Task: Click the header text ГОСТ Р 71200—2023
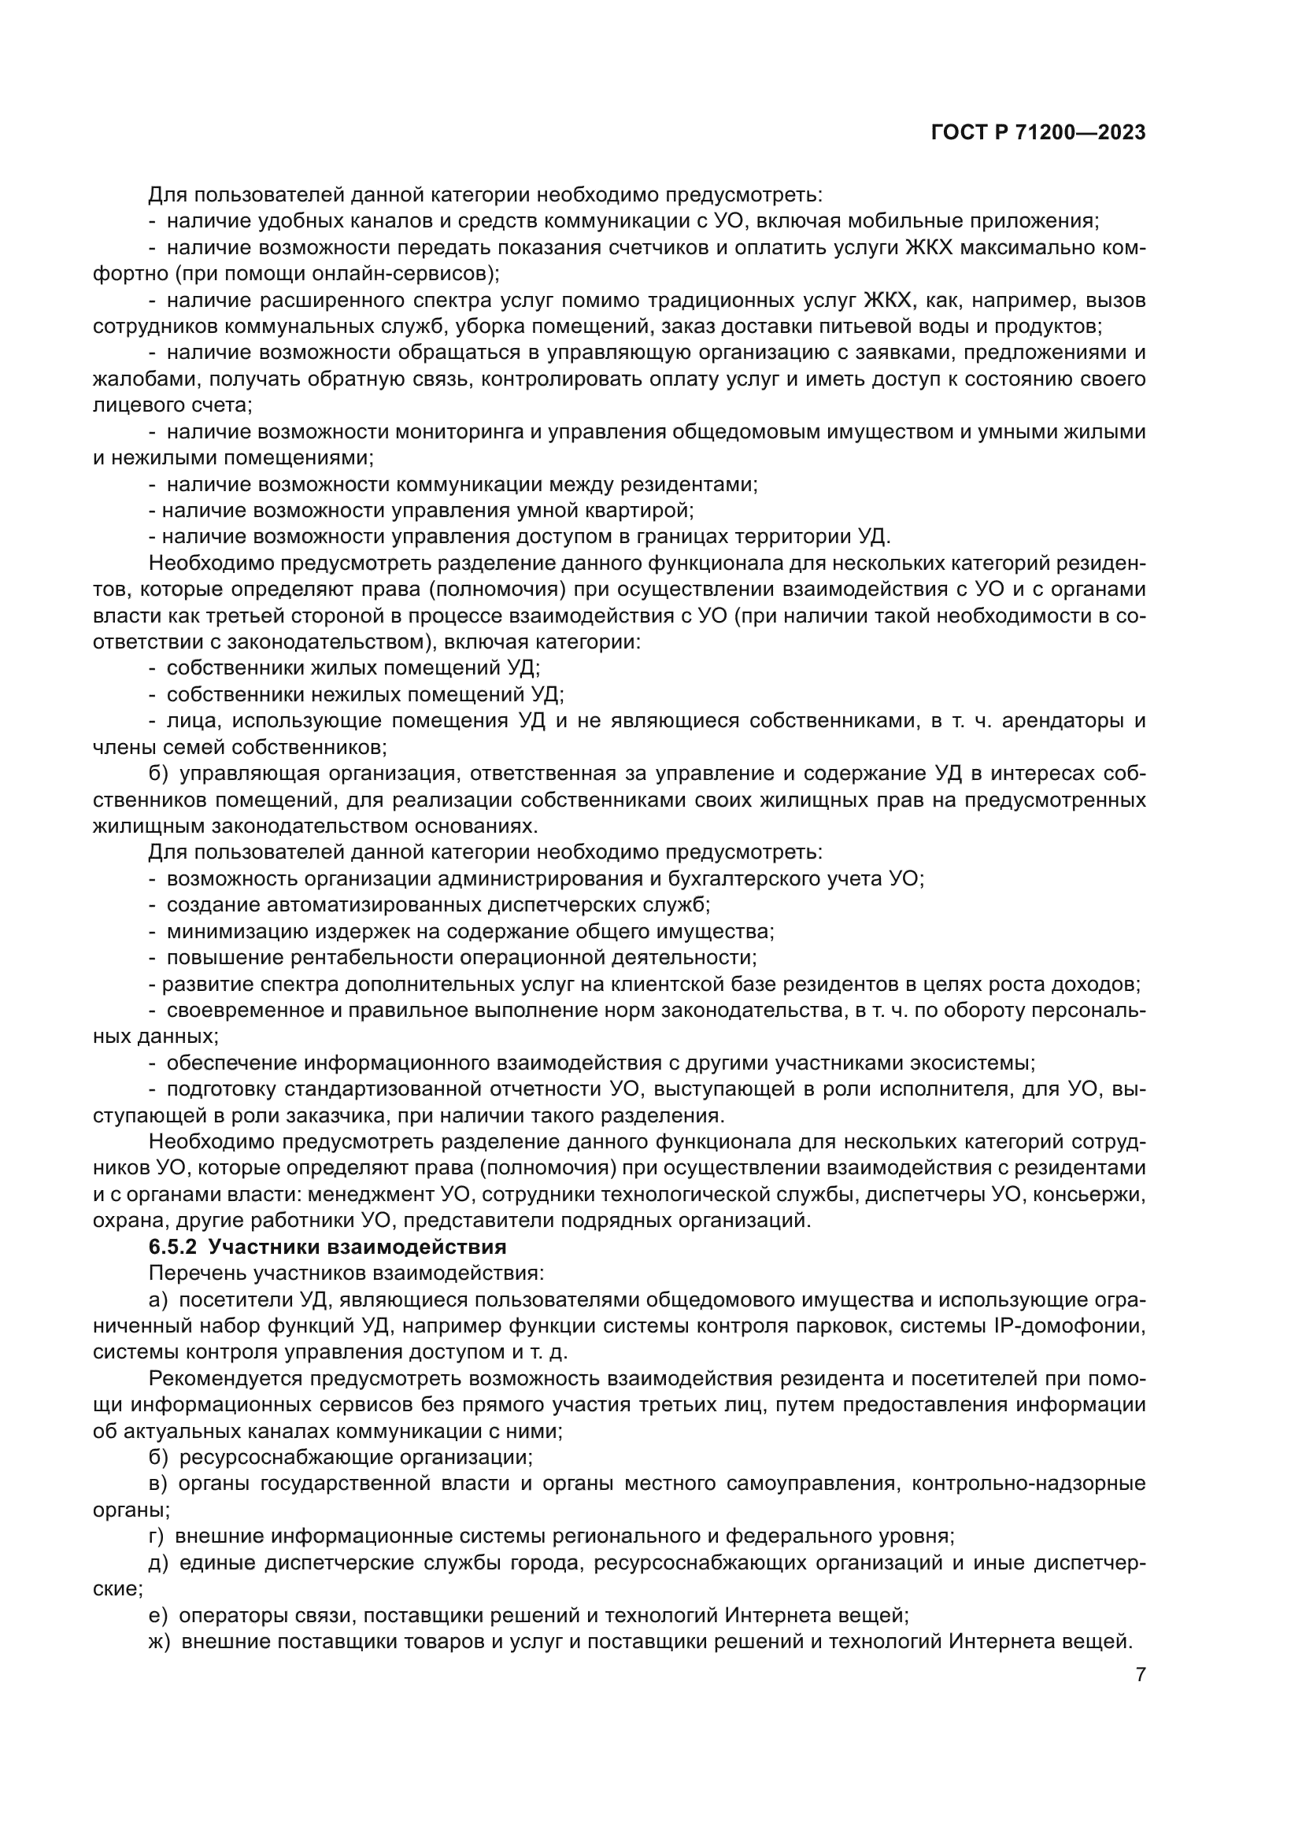click(x=1038, y=133)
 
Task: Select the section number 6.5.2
click(x=172, y=1247)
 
